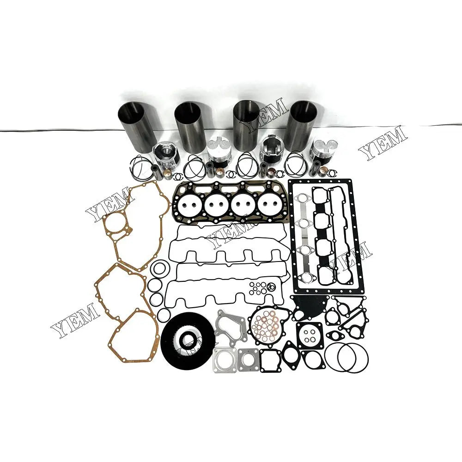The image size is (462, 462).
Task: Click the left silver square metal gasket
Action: [225, 359]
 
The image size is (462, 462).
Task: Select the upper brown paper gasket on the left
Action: [132, 226]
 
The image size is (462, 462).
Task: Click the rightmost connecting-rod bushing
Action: [332, 173]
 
